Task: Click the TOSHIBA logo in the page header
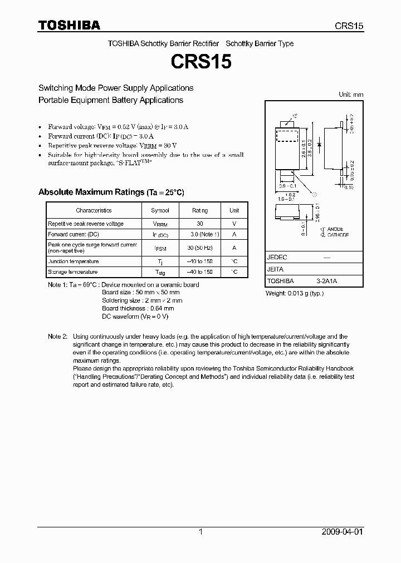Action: click(x=69, y=25)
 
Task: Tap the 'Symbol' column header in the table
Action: click(x=160, y=210)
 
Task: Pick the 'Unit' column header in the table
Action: click(x=234, y=210)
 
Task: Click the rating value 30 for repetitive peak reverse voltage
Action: click(x=200, y=224)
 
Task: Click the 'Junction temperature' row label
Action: click(x=74, y=261)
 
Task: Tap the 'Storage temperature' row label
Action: click(x=73, y=272)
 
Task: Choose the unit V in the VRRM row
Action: click(x=234, y=224)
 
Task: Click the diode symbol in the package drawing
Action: click(x=319, y=145)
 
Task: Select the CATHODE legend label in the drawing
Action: click(x=336, y=235)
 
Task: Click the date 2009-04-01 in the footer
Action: click(x=341, y=532)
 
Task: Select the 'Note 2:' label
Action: click(x=57, y=337)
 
